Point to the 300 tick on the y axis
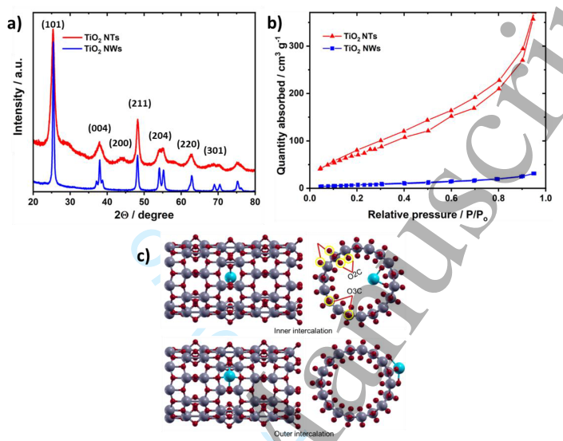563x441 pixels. [x=299, y=46]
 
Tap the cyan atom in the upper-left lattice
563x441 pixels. [x=231, y=278]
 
